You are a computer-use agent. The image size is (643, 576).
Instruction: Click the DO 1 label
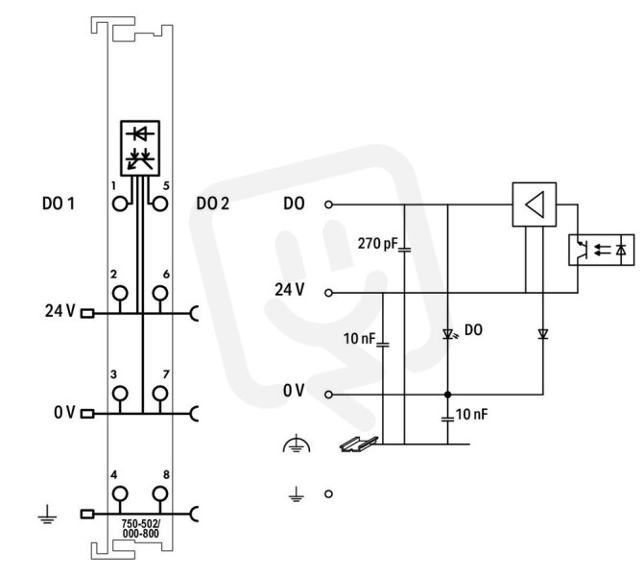point(59,204)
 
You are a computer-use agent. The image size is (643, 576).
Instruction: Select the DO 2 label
point(212,204)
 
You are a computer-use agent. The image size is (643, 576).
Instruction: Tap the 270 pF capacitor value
point(377,244)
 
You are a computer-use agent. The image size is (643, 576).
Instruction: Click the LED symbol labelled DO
point(448,334)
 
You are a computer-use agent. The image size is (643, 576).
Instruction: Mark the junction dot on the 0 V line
point(448,395)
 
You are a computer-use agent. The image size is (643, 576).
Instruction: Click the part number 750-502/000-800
point(141,528)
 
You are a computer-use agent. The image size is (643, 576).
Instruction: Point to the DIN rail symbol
point(359,444)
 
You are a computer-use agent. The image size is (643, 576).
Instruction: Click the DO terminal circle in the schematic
point(328,204)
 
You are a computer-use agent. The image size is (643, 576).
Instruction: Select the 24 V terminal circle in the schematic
point(328,293)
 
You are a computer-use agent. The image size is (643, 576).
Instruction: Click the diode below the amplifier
point(543,334)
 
